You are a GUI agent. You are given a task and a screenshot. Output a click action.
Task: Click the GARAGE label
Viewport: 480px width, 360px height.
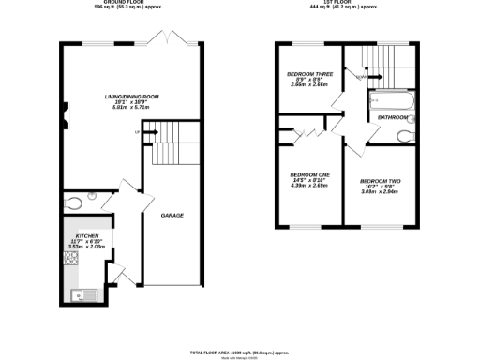(x=172, y=216)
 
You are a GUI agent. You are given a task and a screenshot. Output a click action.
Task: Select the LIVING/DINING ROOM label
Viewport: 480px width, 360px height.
(x=131, y=96)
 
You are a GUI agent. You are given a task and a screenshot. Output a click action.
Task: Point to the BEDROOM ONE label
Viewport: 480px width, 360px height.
(x=309, y=175)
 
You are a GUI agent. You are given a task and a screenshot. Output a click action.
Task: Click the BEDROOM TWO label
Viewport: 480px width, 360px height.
(x=380, y=180)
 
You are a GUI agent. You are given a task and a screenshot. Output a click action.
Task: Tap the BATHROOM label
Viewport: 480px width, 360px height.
(x=393, y=118)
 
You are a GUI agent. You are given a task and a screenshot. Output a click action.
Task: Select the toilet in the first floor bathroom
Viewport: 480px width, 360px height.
(x=404, y=137)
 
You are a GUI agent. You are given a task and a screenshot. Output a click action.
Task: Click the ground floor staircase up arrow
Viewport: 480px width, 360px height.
(x=151, y=132)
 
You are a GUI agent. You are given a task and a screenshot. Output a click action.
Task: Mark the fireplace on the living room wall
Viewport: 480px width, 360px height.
(x=65, y=119)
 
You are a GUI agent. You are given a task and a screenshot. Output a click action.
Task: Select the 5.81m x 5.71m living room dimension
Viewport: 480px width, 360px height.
(x=131, y=110)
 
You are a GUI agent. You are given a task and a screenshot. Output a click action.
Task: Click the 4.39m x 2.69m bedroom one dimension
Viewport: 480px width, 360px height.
(x=309, y=187)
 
